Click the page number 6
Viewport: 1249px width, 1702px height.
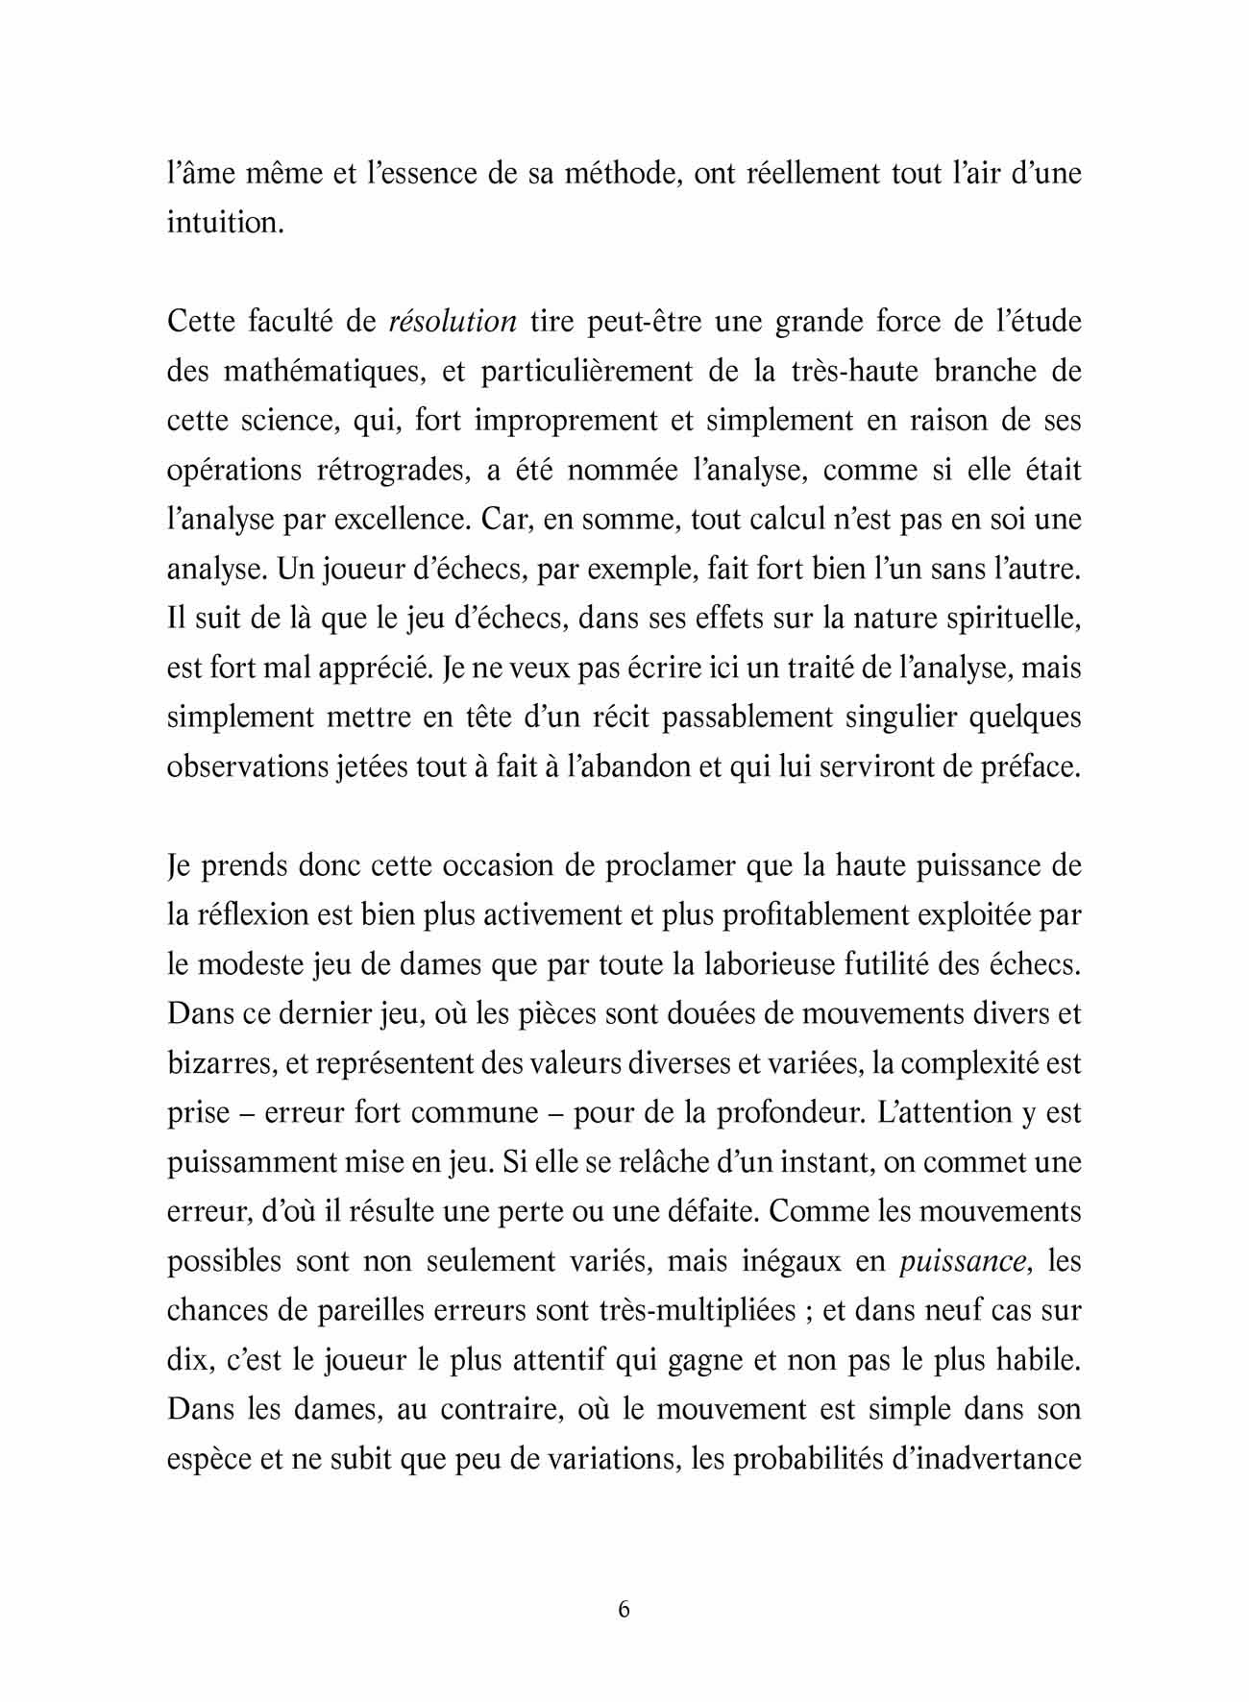(624, 1609)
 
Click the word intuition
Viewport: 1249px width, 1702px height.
(225, 223)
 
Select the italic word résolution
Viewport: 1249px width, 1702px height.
(453, 321)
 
